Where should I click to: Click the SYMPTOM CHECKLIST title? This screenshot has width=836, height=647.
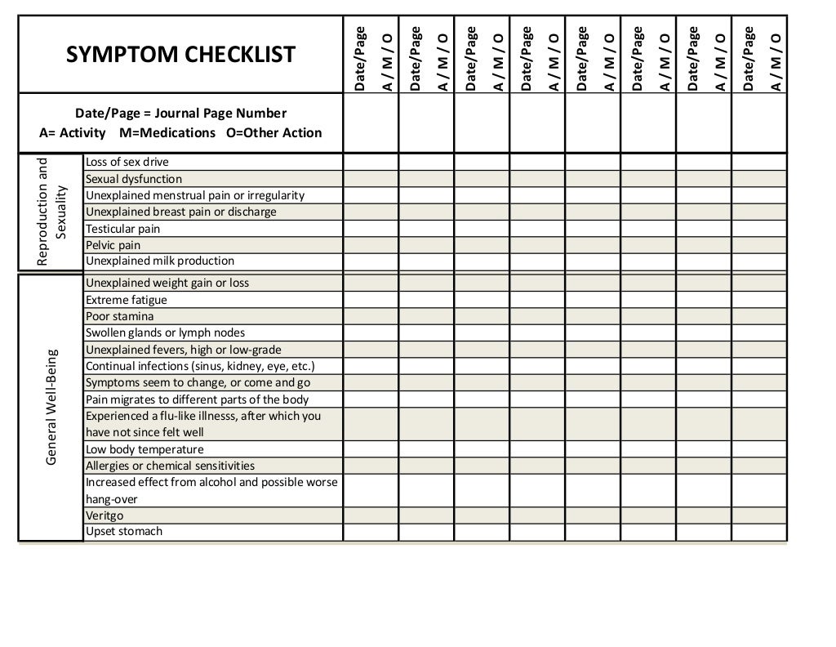click(x=180, y=55)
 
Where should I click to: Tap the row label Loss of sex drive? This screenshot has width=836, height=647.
click(x=127, y=162)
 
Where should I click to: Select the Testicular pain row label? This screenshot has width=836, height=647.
click(x=123, y=229)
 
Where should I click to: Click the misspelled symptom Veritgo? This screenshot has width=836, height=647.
click(x=104, y=515)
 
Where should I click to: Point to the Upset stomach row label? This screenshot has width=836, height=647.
click(x=124, y=532)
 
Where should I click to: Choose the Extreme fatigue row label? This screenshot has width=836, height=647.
click(x=127, y=300)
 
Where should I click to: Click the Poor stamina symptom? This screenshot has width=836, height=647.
click(x=120, y=316)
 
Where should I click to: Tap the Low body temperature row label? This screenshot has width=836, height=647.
click(x=145, y=449)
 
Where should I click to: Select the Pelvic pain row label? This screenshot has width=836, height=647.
click(x=113, y=245)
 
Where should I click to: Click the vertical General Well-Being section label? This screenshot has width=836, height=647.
click(x=51, y=408)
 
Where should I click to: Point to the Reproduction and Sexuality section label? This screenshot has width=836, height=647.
click(x=51, y=212)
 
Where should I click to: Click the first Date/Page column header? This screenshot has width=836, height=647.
click(x=358, y=58)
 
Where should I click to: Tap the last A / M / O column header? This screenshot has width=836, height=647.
click(x=775, y=62)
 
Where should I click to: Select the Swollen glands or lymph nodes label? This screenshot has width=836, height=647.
click(x=165, y=332)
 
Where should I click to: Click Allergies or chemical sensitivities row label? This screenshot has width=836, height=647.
click(x=170, y=466)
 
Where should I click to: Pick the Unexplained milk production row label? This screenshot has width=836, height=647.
click(x=160, y=261)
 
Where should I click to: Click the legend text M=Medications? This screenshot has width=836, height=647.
click(x=167, y=132)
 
